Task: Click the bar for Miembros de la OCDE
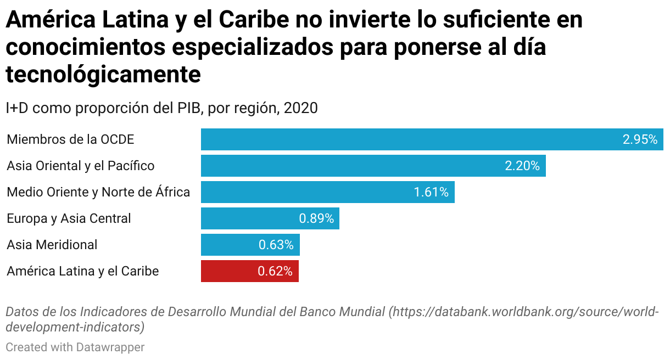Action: [406, 139]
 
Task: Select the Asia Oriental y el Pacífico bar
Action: [351, 166]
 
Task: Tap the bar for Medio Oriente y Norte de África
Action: [308, 192]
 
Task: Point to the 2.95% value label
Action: [640, 139]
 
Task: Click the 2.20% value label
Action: [522, 166]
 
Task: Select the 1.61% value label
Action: [431, 192]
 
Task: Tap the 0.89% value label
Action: [316, 218]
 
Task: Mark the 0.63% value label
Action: [276, 245]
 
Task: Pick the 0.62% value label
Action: [275, 271]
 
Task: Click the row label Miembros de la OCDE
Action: [70, 139]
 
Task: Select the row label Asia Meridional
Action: [52, 245]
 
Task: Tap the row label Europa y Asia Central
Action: [69, 218]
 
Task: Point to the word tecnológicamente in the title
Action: [103, 75]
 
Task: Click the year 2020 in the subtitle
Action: [300, 108]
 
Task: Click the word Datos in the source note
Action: [22, 312]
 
